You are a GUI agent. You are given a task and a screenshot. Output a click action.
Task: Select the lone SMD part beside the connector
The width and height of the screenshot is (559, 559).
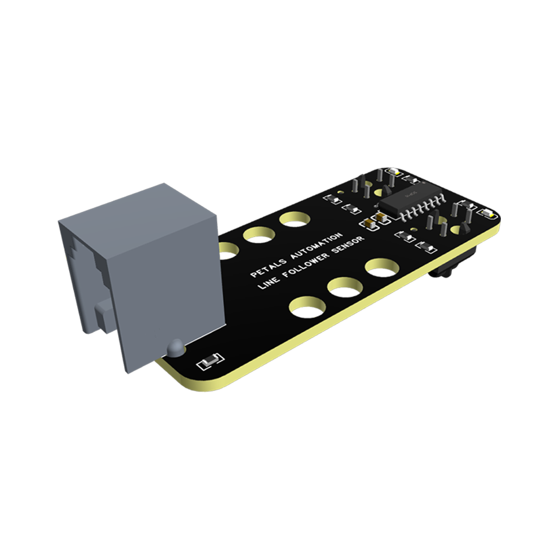pos(210,361)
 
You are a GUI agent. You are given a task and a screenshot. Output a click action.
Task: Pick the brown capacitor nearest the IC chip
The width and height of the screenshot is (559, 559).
pos(381,215)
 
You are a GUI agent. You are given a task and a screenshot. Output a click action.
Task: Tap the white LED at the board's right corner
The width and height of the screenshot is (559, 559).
pos(487,213)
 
